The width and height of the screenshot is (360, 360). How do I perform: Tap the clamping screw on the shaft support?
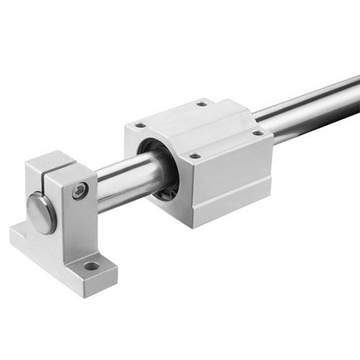tap(80, 189)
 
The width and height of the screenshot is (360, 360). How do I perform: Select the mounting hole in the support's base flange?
tap(91, 267)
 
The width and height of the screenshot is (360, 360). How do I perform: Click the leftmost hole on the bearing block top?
tap(140, 126)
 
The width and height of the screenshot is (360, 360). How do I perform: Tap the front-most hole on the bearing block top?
tap(195, 157)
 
